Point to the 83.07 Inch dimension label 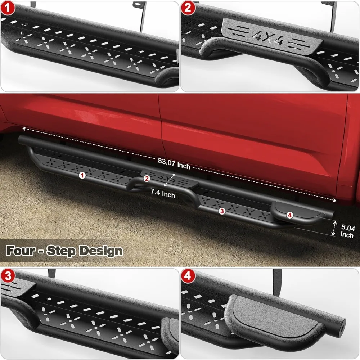pyautogui.click(x=174, y=166)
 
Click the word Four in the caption pyautogui.click(x=23, y=250)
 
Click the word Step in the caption pyautogui.click(x=63, y=250)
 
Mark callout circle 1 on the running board pyautogui.click(x=82, y=175)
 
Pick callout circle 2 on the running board pyautogui.click(x=147, y=178)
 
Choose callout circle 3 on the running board pyautogui.click(x=222, y=211)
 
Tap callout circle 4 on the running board pyautogui.click(x=290, y=215)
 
